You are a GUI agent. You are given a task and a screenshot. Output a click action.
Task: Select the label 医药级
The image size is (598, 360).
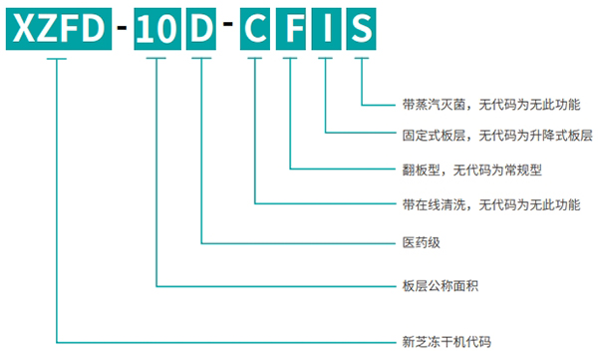tap(418, 242)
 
